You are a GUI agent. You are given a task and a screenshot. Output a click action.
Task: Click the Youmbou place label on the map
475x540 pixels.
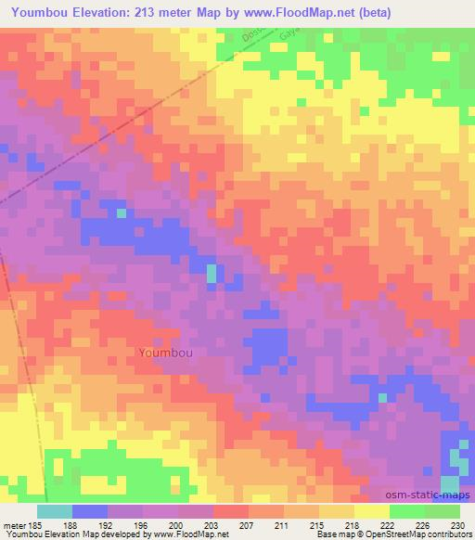pos(168,353)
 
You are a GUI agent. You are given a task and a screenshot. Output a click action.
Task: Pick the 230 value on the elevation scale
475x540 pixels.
pos(458,524)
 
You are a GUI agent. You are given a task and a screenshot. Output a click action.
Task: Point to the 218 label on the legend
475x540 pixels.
pos(354,524)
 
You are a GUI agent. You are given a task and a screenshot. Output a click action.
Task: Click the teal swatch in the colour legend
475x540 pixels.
pos(55,511)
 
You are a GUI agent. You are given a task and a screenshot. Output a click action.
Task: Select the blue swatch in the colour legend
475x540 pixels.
pos(90,511)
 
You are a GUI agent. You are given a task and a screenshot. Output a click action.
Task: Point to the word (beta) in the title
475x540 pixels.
pos(370,12)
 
